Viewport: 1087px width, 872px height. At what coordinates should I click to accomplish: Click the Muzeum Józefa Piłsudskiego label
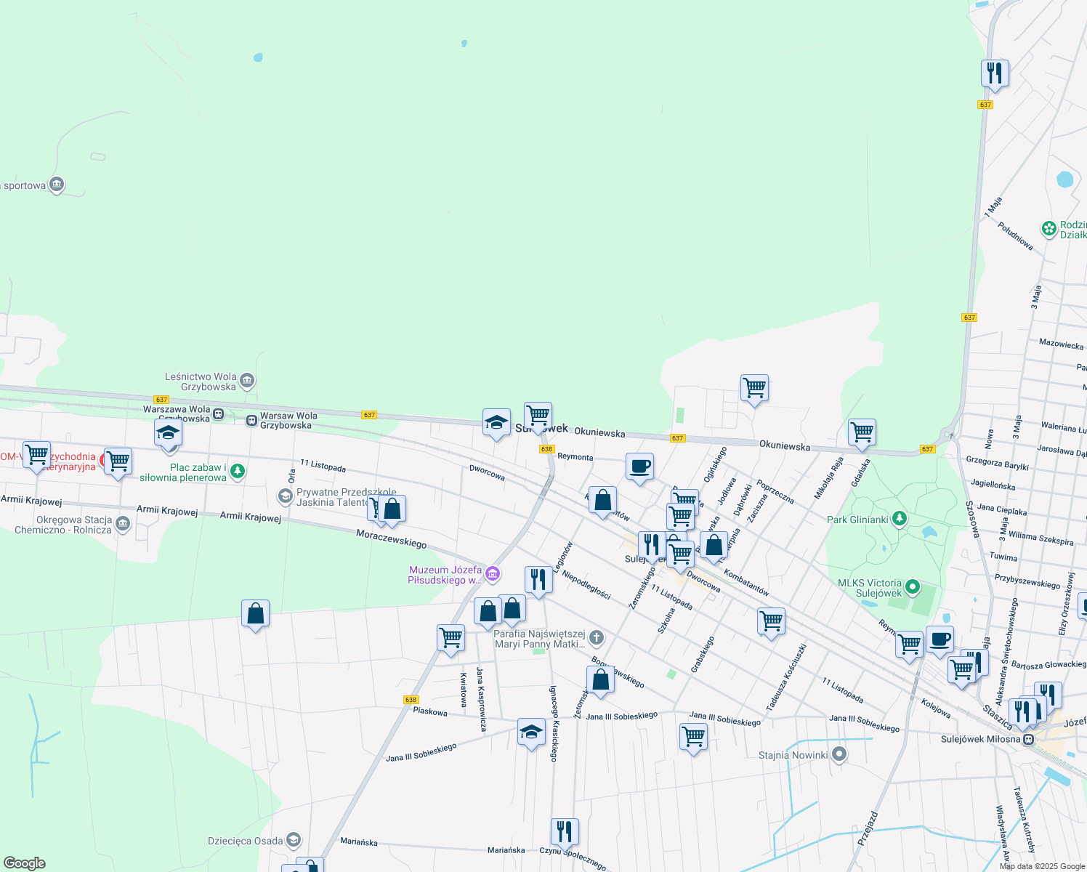(x=445, y=575)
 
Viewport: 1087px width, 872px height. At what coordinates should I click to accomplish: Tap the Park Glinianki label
(x=857, y=520)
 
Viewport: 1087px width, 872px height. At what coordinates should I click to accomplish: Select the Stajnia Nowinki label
(x=793, y=755)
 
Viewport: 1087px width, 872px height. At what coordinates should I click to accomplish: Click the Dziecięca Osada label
(x=246, y=841)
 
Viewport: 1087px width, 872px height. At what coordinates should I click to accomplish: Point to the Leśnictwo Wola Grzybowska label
(x=201, y=381)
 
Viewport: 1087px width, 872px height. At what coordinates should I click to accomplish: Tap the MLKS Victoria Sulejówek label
(x=870, y=588)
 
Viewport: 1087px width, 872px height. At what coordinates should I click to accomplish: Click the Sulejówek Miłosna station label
(x=981, y=739)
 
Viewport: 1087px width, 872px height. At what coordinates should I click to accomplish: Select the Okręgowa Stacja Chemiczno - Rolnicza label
(x=64, y=525)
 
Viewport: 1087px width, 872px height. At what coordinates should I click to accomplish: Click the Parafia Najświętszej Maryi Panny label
(x=539, y=639)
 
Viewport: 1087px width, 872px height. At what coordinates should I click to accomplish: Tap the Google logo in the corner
(x=24, y=863)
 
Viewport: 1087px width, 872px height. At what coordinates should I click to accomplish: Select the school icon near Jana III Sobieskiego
(x=531, y=732)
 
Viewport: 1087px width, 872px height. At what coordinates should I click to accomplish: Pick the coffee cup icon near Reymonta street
(x=639, y=467)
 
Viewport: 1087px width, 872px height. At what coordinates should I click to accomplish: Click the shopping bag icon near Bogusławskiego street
(x=600, y=681)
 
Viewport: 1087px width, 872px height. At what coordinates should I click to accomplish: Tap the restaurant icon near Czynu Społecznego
(x=565, y=831)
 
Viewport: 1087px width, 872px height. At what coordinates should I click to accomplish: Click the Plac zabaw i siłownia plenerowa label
(x=198, y=472)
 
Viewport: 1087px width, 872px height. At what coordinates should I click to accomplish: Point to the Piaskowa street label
(x=430, y=711)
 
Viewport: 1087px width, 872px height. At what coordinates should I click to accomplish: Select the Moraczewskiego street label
(x=391, y=538)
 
